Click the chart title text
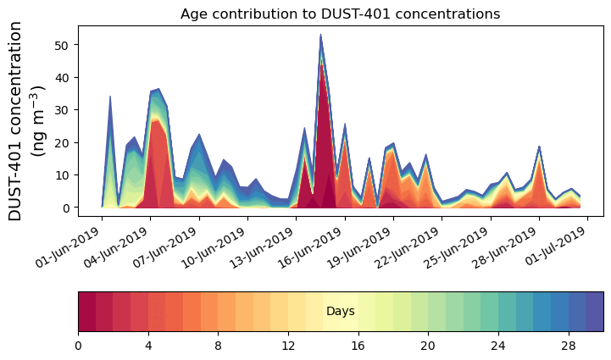(340, 14)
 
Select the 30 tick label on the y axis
(67, 110)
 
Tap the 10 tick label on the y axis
(67, 175)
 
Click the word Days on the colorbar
(340, 312)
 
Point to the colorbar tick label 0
(79, 346)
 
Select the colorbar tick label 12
(289, 346)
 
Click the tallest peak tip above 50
(320, 35)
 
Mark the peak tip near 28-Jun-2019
(539, 147)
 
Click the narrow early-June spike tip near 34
(110, 97)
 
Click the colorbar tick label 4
(148, 346)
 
